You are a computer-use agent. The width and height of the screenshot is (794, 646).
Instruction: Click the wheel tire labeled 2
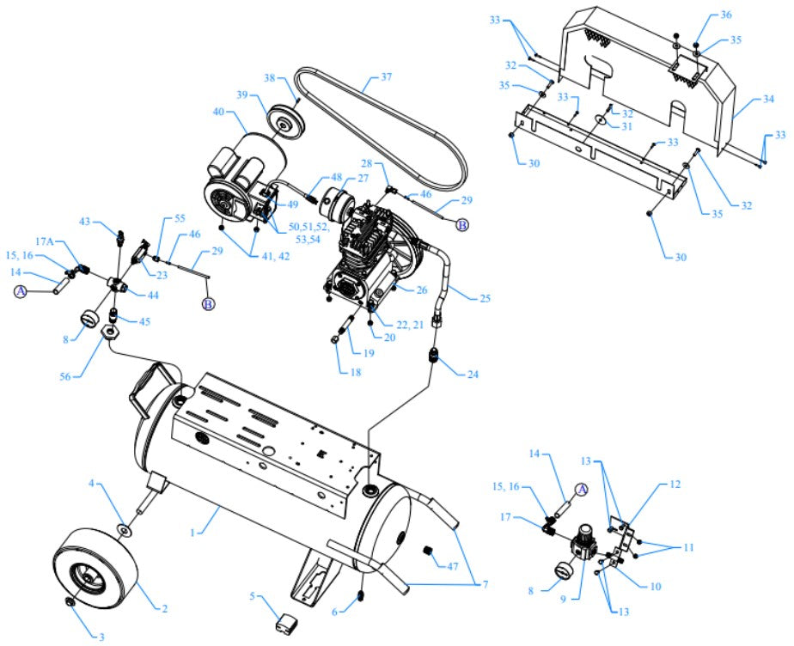pos(96,568)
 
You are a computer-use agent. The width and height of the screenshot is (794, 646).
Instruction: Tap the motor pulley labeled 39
pos(281,119)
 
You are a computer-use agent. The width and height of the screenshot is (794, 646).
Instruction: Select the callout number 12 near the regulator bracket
pos(675,484)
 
